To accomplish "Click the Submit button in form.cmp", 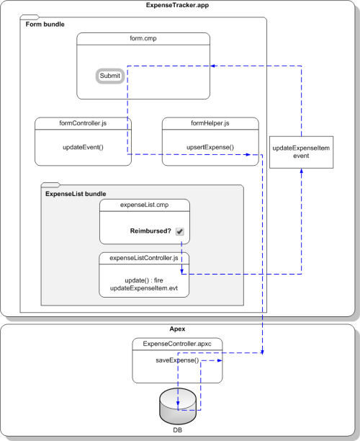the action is coord(110,76).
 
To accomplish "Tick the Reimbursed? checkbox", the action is coord(179,231).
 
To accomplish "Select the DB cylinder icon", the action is coord(178,406).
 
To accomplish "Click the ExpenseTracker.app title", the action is coord(177,5).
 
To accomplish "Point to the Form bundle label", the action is coord(45,24).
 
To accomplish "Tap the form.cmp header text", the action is coord(143,38).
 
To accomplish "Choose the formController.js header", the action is coord(83,123).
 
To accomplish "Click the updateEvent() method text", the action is coord(83,147).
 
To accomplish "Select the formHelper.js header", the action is coord(210,123).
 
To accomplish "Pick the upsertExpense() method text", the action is coord(210,147).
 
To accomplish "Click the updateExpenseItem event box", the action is coord(301,152).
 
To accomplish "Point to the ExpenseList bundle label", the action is coord(76,194).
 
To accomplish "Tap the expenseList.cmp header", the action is coord(145,205).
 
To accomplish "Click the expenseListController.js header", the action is coord(144,258).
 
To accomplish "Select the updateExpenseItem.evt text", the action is coord(144,288).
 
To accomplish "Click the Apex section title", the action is coord(177,329).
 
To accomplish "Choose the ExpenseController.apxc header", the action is coord(177,344).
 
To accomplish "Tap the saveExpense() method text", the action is coord(177,360).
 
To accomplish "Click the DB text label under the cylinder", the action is coord(177,430).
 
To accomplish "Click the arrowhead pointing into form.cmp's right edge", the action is coord(212,66).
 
